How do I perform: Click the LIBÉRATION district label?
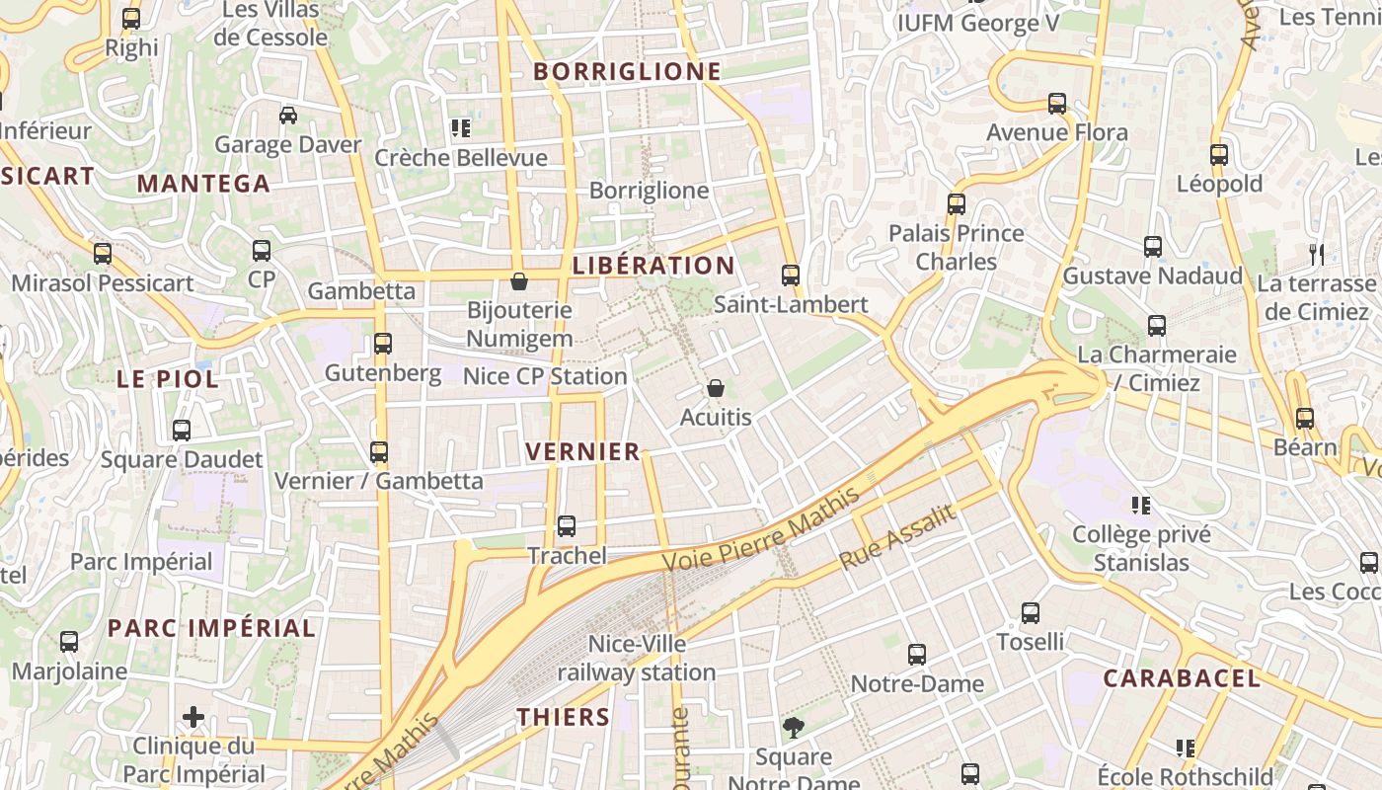tap(653, 266)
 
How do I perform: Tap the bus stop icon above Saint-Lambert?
tap(791, 276)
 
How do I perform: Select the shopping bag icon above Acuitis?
tap(716, 388)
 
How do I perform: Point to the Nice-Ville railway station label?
tap(637, 659)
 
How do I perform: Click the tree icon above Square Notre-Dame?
tap(793, 729)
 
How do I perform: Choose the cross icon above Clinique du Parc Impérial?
tap(193, 717)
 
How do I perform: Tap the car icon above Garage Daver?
tap(288, 116)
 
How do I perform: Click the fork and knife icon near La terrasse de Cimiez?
tap(1316, 255)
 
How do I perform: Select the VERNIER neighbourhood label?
tap(583, 452)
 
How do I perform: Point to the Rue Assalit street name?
tap(897, 537)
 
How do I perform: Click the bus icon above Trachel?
tap(567, 526)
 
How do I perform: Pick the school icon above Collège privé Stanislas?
tap(1142, 506)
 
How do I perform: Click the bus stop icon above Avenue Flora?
tap(1057, 104)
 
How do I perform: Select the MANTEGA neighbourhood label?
tap(203, 184)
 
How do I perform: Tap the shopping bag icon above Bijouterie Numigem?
tap(519, 282)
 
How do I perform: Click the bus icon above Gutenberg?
tap(383, 344)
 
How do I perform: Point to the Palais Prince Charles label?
tap(957, 248)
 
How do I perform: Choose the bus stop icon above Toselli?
tap(1031, 613)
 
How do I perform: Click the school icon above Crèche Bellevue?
tap(460, 128)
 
